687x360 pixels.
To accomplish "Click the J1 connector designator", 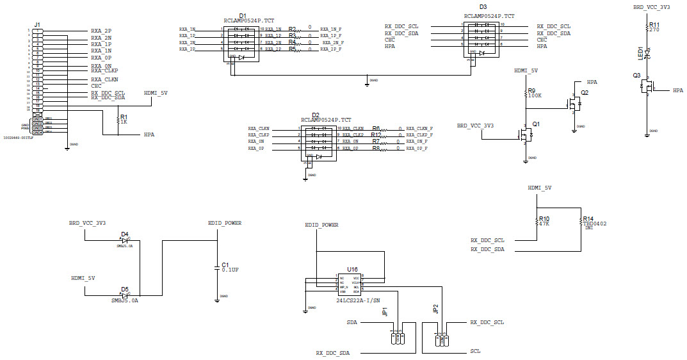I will point(37,24).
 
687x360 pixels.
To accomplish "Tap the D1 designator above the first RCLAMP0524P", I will point(242,15).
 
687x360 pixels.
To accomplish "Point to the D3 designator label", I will point(483,7).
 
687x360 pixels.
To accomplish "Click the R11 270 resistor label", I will point(654,27).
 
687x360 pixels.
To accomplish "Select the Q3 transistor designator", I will point(636,75).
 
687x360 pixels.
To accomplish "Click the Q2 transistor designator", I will point(584,93).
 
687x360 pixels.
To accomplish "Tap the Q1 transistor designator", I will point(536,124).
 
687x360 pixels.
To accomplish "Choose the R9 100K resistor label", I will point(534,93).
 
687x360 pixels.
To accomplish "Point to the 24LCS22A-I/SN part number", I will point(357,300).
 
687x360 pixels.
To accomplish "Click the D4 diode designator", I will point(124,234).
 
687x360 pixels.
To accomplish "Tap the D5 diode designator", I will point(124,290).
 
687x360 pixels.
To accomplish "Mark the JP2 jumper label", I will point(435,309).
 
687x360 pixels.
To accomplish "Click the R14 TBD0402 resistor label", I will point(594,221).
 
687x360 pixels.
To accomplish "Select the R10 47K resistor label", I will point(544,221).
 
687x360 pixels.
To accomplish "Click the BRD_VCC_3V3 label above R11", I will point(651,7).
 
